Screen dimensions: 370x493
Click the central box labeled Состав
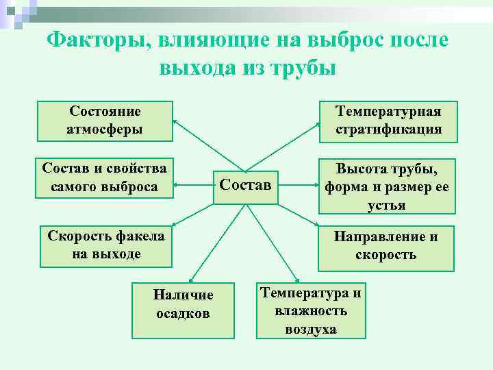point(245,186)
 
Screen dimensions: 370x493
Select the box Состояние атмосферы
point(105,120)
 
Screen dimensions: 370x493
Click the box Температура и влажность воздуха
point(311,310)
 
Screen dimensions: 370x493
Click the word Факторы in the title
point(95,40)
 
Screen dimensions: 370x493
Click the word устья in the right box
point(388,205)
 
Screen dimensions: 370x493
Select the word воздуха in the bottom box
point(311,329)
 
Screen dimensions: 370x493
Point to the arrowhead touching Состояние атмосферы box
point(175,122)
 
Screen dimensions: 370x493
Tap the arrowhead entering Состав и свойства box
point(176,184)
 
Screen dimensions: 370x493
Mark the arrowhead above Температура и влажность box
point(297,278)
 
